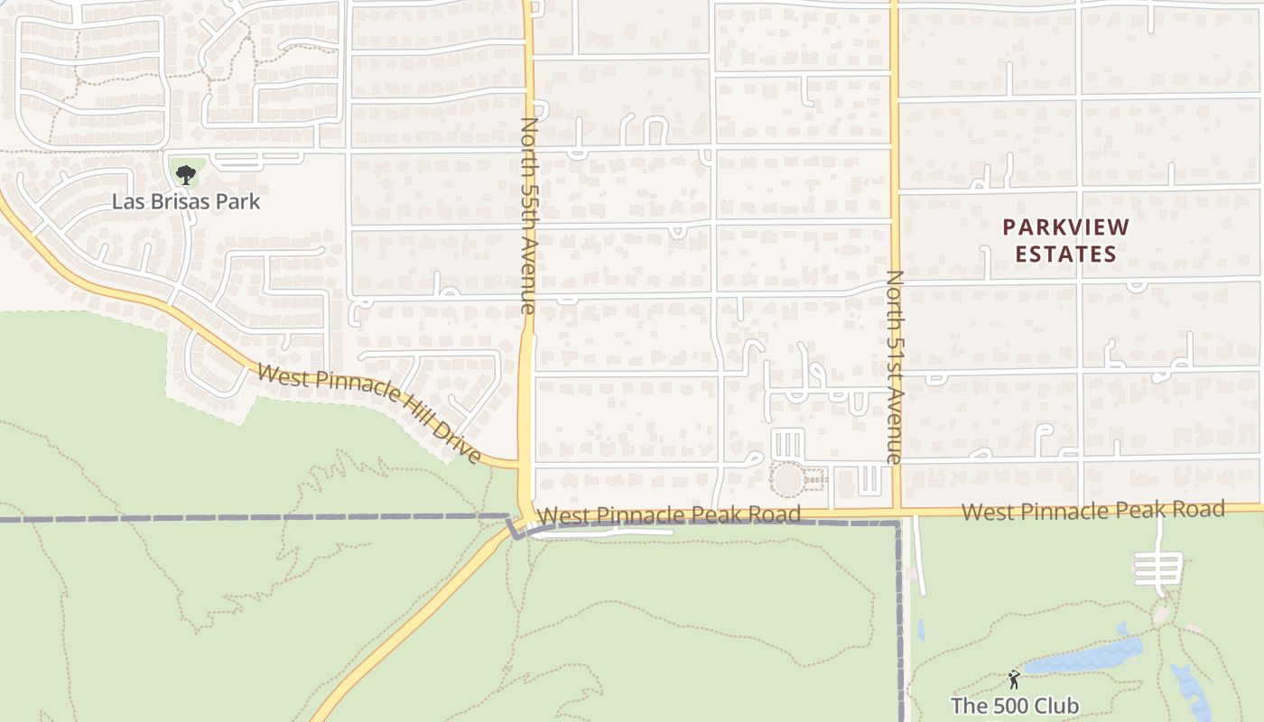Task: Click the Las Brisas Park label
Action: (186, 201)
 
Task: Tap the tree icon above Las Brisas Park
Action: (185, 174)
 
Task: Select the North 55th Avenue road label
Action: (529, 215)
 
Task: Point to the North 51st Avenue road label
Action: (895, 366)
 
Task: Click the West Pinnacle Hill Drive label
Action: (368, 412)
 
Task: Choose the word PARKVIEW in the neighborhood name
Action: (1065, 227)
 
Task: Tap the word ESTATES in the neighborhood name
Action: (1065, 255)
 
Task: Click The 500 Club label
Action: (1014, 705)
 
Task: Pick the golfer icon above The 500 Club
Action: (1014, 679)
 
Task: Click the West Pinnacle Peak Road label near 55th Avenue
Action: (668, 515)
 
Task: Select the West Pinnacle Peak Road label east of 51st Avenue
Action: (1092, 511)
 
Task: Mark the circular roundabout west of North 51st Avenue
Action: (788, 479)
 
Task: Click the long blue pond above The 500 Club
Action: (1083, 658)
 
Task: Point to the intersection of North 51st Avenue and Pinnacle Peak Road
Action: (896, 512)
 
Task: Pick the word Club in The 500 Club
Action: (1056, 705)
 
